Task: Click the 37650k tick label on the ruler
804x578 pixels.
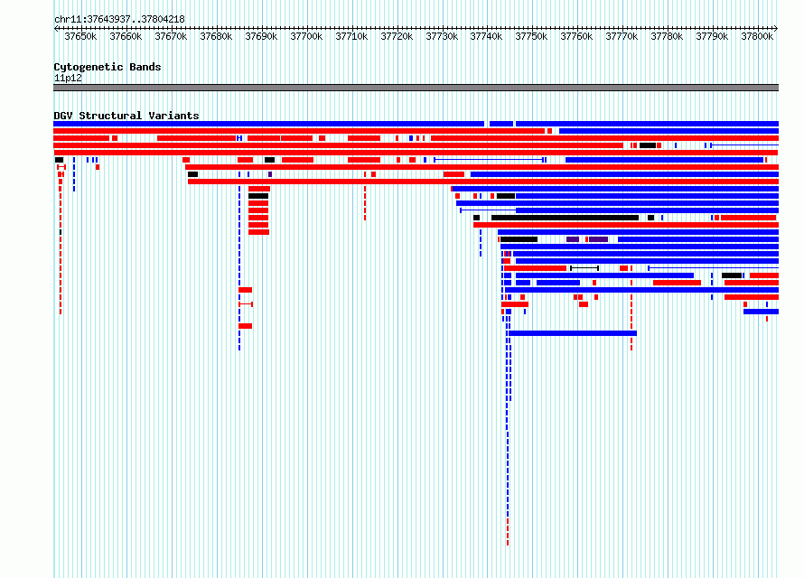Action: click(x=80, y=36)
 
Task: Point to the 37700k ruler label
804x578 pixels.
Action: click(x=306, y=36)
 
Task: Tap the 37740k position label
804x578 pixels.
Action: click(x=486, y=36)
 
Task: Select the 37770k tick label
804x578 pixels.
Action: click(x=622, y=36)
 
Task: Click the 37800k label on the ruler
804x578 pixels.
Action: click(x=757, y=36)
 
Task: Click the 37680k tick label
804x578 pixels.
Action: click(x=216, y=36)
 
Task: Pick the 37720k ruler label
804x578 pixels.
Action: click(x=397, y=36)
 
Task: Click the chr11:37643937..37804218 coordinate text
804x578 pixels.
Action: click(x=119, y=20)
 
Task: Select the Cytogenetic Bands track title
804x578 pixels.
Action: click(x=108, y=67)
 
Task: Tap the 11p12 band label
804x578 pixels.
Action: click(x=68, y=78)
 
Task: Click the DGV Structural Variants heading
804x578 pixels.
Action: click(x=126, y=116)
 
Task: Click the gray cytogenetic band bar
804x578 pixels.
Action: click(x=416, y=88)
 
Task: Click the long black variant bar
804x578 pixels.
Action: click(x=565, y=218)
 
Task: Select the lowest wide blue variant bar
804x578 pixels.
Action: click(x=572, y=333)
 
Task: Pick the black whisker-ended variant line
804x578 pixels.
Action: click(x=584, y=268)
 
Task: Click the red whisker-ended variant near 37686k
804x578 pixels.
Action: click(x=246, y=304)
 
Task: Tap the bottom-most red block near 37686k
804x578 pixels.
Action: click(x=245, y=326)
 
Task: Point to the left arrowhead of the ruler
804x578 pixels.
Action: click(x=56, y=28)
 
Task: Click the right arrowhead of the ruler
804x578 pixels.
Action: click(x=776, y=28)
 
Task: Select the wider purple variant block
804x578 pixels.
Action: click(x=598, y=239)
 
